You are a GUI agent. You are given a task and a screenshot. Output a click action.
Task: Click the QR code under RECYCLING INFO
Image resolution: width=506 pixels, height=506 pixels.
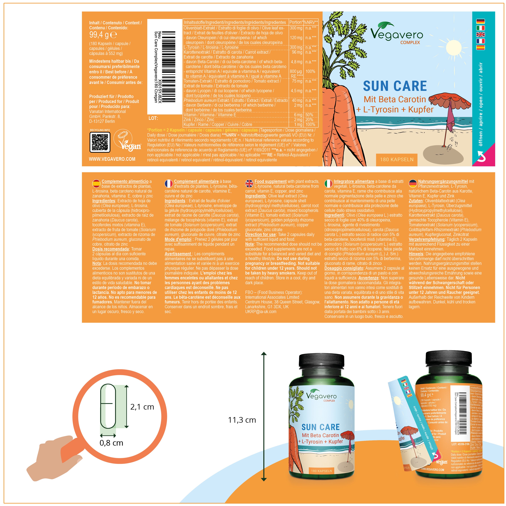100,142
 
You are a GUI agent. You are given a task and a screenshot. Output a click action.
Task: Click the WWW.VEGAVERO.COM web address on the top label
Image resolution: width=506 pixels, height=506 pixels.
112,159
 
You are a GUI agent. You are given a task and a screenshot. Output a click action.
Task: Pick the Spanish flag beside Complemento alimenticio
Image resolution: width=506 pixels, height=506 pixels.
96,183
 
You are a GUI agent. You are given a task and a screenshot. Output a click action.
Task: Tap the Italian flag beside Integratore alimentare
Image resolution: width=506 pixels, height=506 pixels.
328,183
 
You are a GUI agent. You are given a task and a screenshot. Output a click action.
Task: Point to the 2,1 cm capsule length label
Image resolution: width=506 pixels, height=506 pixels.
142,407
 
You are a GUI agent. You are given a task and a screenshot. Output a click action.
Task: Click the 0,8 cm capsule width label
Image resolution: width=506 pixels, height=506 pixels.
111,443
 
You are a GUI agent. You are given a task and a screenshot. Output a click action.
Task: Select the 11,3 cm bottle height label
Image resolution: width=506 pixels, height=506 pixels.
242,420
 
